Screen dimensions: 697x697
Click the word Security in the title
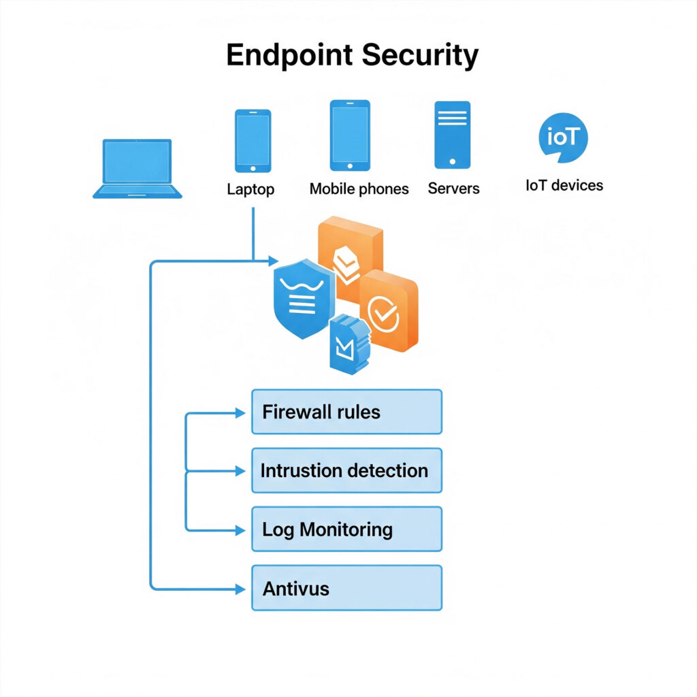(426, 55)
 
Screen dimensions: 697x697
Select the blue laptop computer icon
(137, 169)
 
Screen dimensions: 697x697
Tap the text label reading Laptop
(250, 189)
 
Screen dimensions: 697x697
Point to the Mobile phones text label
(359, 189)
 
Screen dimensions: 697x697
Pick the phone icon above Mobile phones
(350, 135)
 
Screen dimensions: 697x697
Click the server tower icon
(452, 134)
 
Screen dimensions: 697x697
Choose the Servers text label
(453, 189)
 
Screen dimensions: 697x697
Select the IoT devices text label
(564, 185)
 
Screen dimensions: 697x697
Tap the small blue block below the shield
(348, 344)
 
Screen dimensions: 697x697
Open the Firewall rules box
(346, 412)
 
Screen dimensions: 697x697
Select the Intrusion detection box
(346, 470)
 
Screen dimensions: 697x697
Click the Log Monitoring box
(346, 529)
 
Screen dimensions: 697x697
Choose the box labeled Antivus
(346, 587)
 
